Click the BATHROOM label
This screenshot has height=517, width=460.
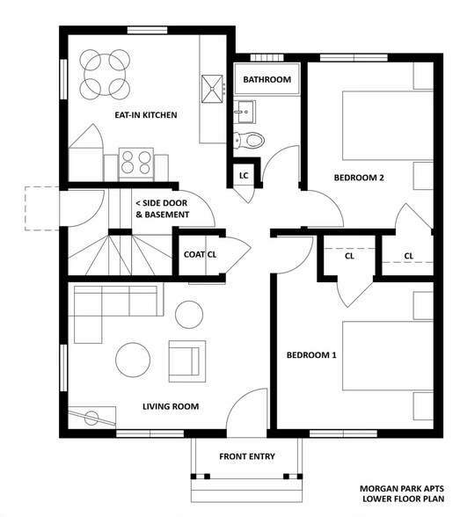pos(267,79)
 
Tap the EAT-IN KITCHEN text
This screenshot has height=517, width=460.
pos(146,115)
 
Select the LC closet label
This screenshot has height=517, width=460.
pos(244,176)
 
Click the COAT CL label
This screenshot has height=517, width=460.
pos(201,255)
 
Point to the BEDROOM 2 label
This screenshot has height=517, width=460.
pos(359,178)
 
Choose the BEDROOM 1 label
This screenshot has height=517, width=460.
pos(311,355)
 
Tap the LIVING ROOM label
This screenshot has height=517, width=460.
pos(171,406)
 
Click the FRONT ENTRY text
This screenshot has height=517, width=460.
pos(247,456)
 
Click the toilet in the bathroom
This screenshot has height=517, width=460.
pos(249,141)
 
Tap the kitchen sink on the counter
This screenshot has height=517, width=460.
pos(212,89)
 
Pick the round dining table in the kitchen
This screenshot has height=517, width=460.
pos(105,75)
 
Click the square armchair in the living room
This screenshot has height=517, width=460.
pos(187,361)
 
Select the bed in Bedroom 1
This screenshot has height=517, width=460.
pos(388,356)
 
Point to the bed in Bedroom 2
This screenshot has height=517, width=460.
pos(388,126)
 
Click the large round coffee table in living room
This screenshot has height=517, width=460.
pos(133,360)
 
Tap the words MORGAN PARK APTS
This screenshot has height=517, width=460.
pos(402,489)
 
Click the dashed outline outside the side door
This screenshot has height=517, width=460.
pos(42,208)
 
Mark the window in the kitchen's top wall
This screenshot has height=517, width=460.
pos(148,30)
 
